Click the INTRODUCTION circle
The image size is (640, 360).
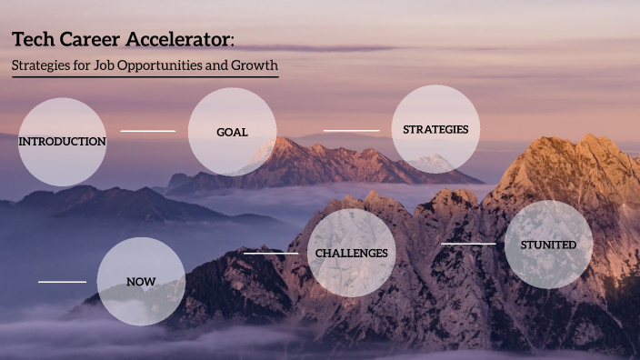tap(62, 142)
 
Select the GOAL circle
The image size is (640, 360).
tap(232, 132)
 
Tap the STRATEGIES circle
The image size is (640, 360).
tap(435, 129)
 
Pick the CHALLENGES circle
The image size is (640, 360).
tap(351, 253)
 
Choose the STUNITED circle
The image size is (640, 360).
tap(548, 245)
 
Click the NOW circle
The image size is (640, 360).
tap(141, 282)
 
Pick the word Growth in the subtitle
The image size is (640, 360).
tap(252, 65)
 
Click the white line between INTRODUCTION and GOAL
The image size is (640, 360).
tap(147, 131)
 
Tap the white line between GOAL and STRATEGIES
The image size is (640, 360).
tap(351, 131)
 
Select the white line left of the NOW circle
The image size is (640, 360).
tap(62, 282)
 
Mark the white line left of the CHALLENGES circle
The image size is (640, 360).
tap(270, 254)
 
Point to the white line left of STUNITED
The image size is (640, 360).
tap(468, 244)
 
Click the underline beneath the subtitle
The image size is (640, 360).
tap(145, 77)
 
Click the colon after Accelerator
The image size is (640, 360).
tap(233, 41)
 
